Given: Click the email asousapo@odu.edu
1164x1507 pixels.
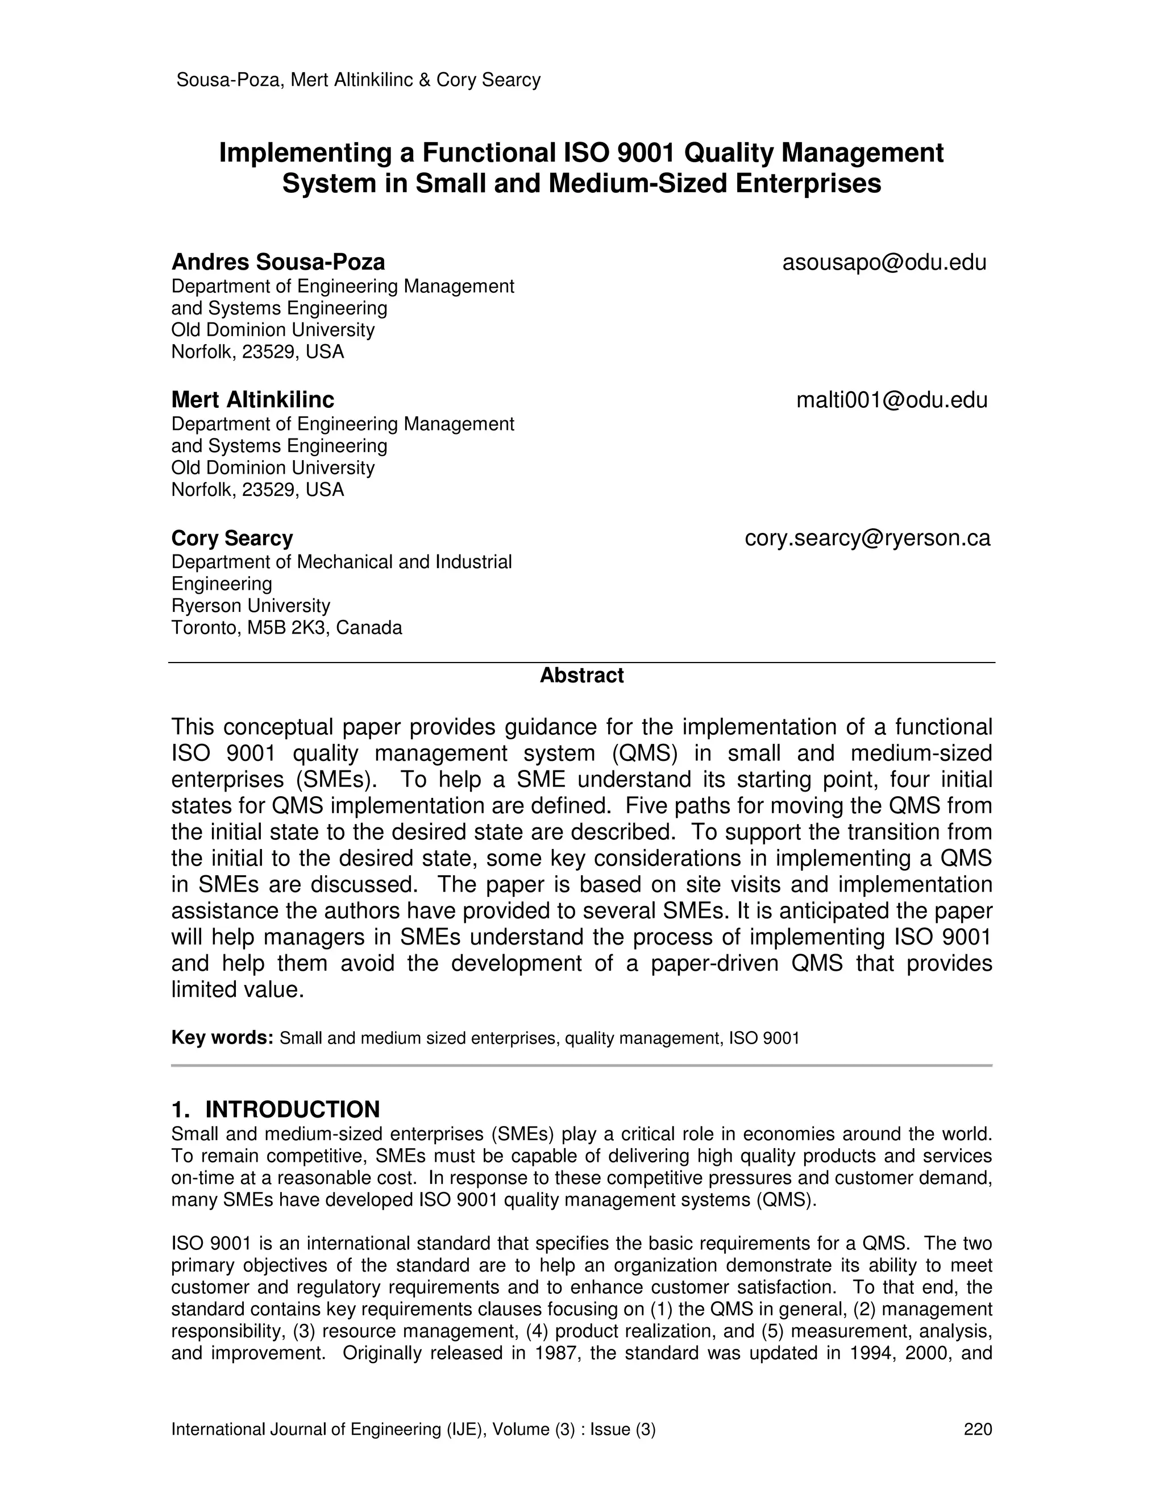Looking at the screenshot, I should click(x=884, y=263).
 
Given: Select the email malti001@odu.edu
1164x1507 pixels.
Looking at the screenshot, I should click(x=892, y=400).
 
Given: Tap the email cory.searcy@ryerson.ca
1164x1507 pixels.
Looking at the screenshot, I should click(x=867, y=538).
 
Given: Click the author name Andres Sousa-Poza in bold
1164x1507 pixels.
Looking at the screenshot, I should click(x=278, y=263).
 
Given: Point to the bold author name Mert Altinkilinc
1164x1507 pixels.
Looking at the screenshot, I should click(x=252, y=400).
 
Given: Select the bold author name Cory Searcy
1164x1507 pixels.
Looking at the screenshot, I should click(x=232, y=538).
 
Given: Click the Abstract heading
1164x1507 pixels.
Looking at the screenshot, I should click(x=581, y=676).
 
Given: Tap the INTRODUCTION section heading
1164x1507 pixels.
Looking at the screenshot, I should click(x=292, y=1109).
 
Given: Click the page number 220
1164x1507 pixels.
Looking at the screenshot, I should click(x=977, y=1429).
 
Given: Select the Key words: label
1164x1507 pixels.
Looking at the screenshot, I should click(x=223, y=1038).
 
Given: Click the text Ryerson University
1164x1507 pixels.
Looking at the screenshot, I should click(x=250, y=606).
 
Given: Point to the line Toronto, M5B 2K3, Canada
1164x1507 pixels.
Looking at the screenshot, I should click(x=286, y=628).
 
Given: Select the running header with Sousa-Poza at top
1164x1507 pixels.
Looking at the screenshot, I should click(x=358, y=80).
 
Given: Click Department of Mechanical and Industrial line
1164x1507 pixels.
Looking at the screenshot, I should click(x=342, y=562).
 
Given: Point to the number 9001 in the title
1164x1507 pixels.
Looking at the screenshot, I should click(x=646, y=153).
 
